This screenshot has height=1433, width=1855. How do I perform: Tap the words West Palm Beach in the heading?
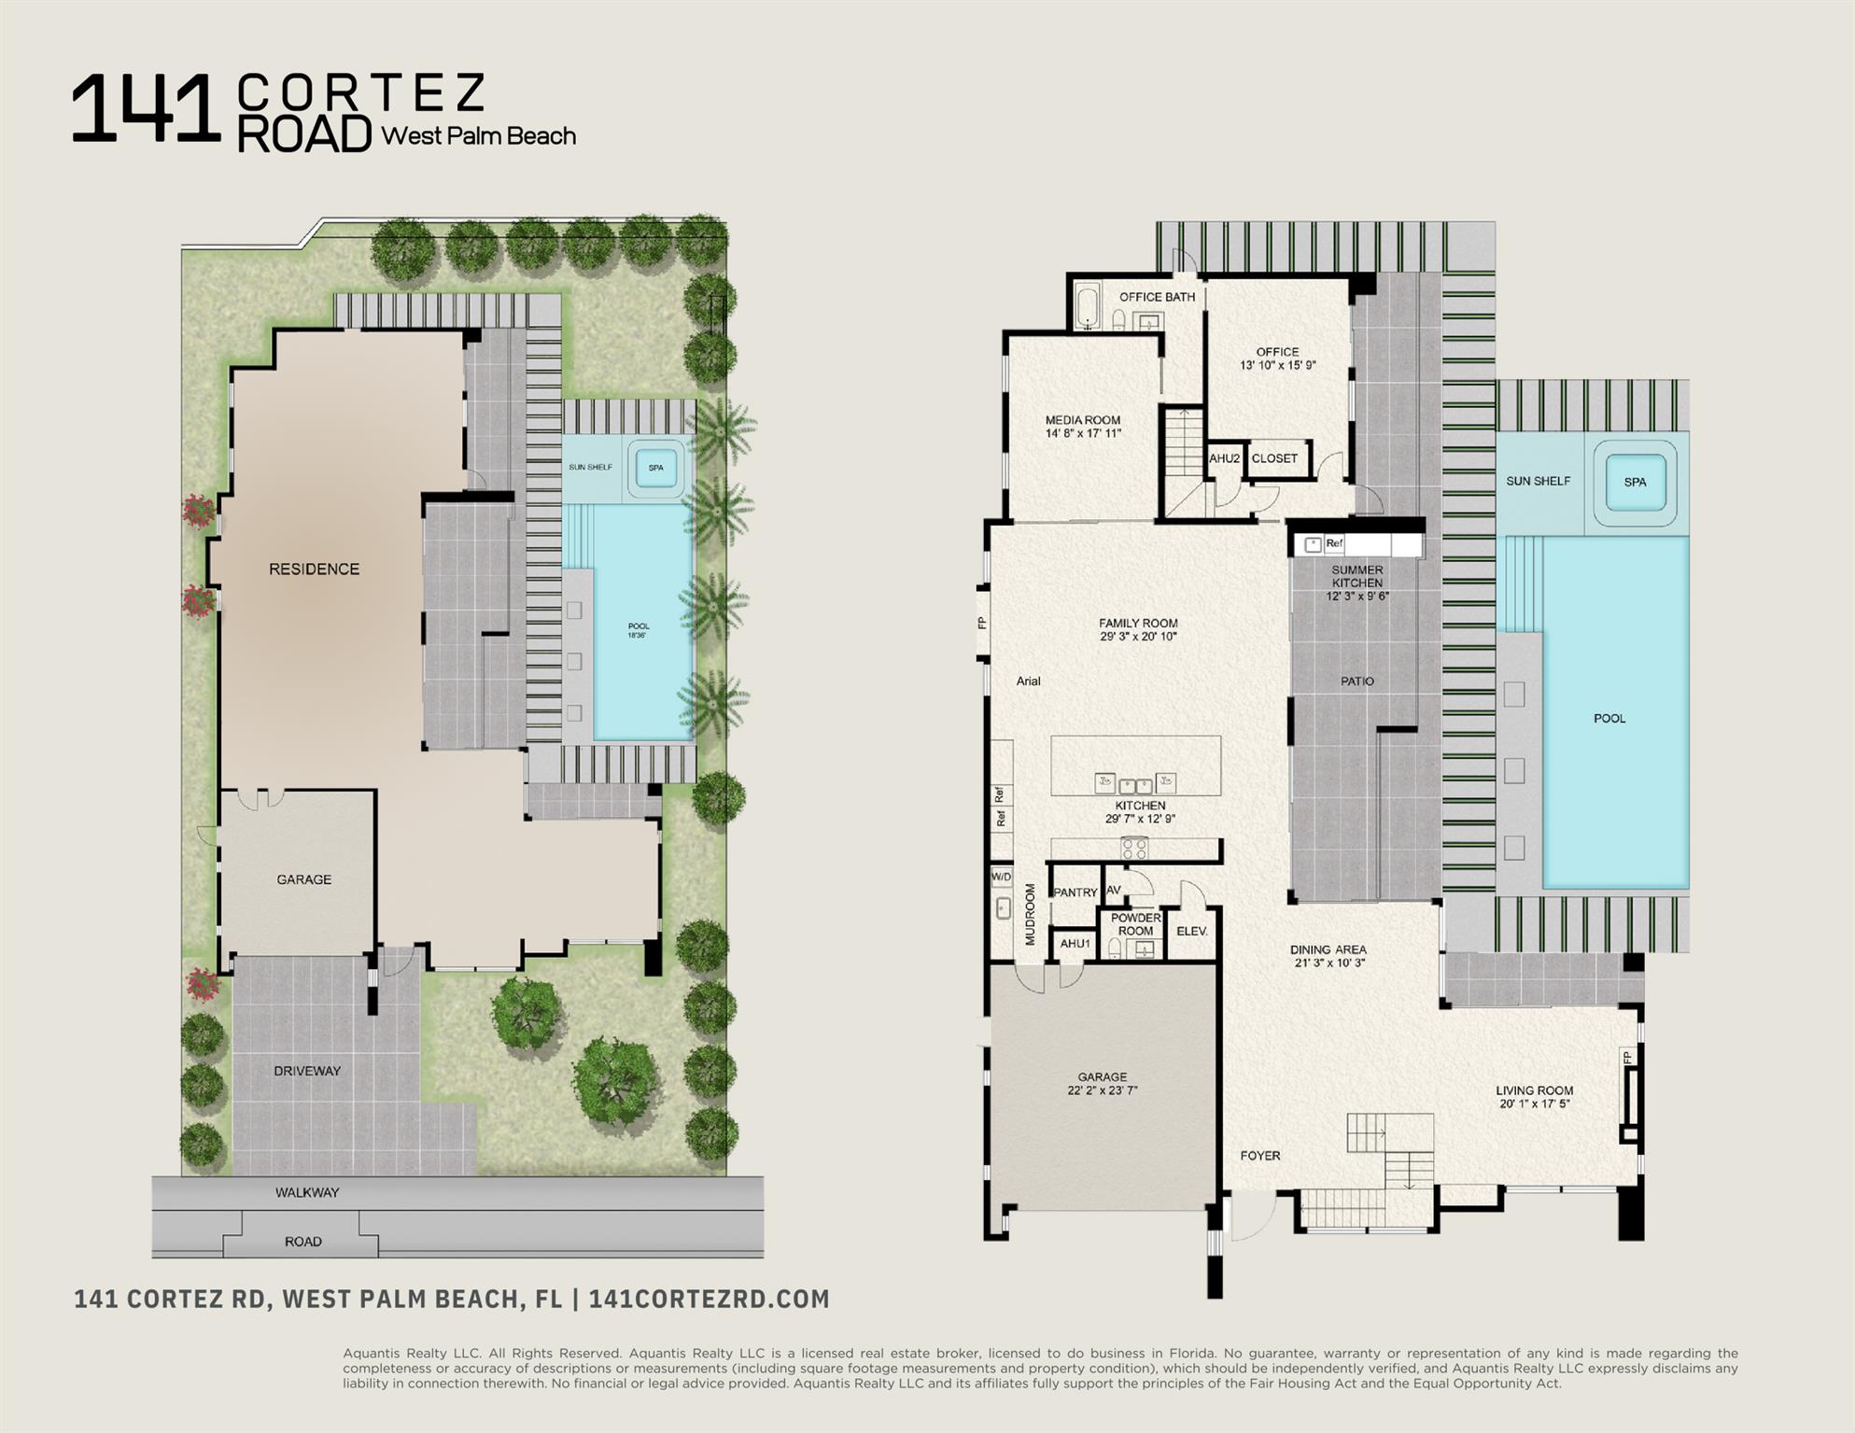(x=478, y=136)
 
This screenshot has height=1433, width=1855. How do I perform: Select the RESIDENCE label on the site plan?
(x=314, y=569)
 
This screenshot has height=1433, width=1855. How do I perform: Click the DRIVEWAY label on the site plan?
(x=307, y=1071)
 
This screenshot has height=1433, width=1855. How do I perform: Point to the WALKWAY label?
(x=307, y=1192)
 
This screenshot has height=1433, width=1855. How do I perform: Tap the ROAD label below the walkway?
(x=302, y=1242)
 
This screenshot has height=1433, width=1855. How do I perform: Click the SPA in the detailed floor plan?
(x=1635, y=482)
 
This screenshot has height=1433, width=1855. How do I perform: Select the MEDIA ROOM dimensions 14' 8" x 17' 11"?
(x=1083, y=433)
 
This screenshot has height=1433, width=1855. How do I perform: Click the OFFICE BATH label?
(x=1157, y=297)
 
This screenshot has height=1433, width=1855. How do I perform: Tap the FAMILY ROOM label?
(x=1138, y=623)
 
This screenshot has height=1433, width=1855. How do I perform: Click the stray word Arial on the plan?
(x=1028, y=681)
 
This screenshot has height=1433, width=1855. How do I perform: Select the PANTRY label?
(x=1075, y=892)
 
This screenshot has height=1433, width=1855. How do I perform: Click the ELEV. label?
(x=1191, y=931)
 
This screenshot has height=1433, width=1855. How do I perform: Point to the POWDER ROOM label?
(x=1135, y=924)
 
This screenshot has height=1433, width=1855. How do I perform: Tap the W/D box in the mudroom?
(x=1001, y=877)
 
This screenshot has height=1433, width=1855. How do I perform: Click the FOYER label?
(x=1259, y=1156)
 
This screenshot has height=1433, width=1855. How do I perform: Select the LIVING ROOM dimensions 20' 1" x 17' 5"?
(x=1534, y=1103)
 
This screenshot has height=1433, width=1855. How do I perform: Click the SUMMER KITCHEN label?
(x=1356, y=576)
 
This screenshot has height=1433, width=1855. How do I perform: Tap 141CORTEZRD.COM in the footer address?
(x=709, y=1299)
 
